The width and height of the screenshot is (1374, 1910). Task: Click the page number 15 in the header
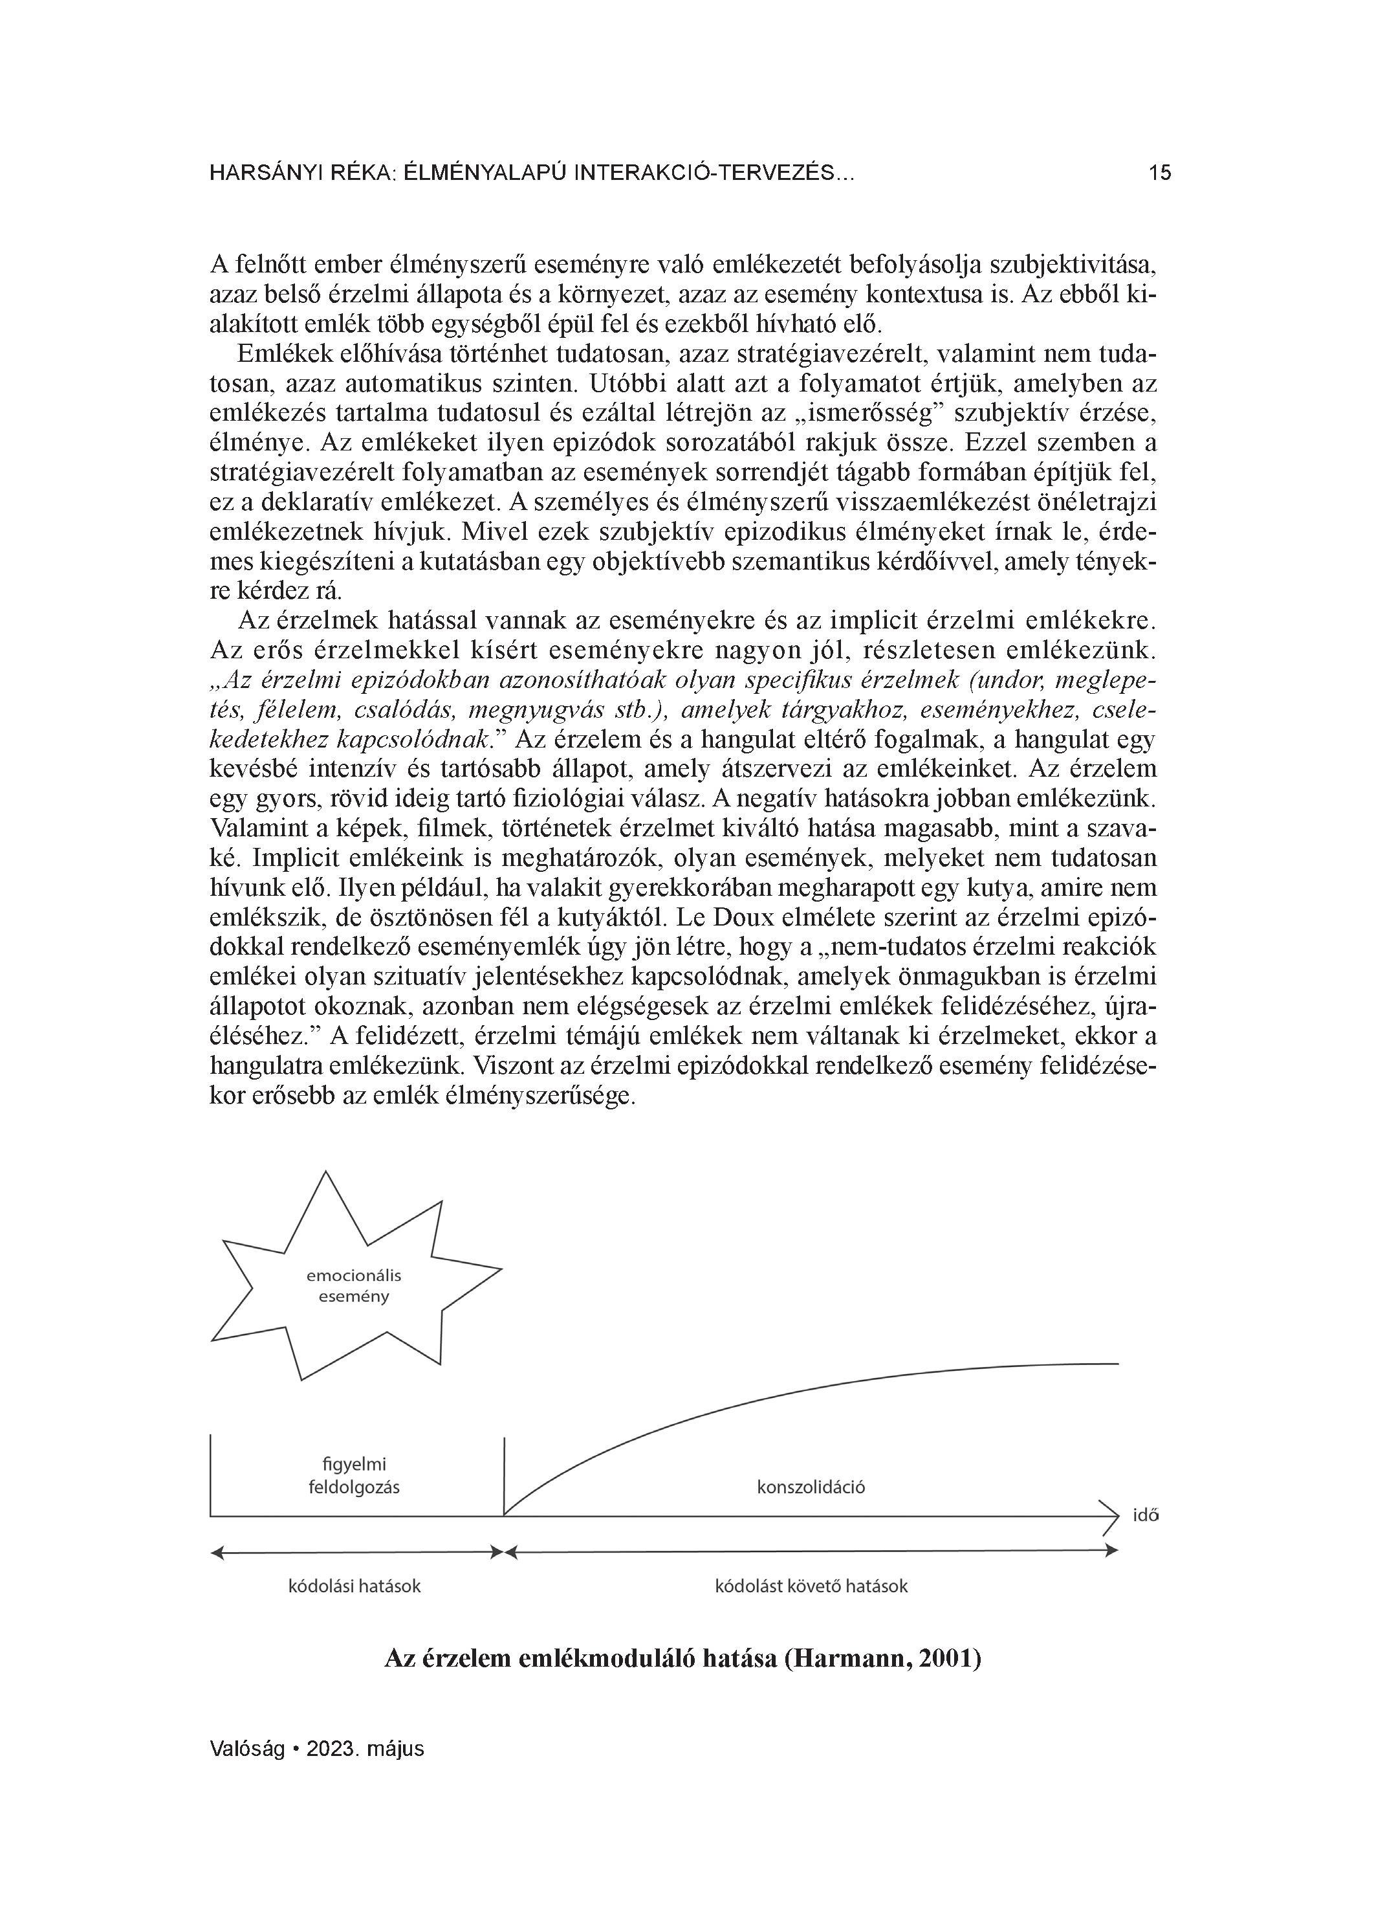pyautogui.click(x=1159, y=173)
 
